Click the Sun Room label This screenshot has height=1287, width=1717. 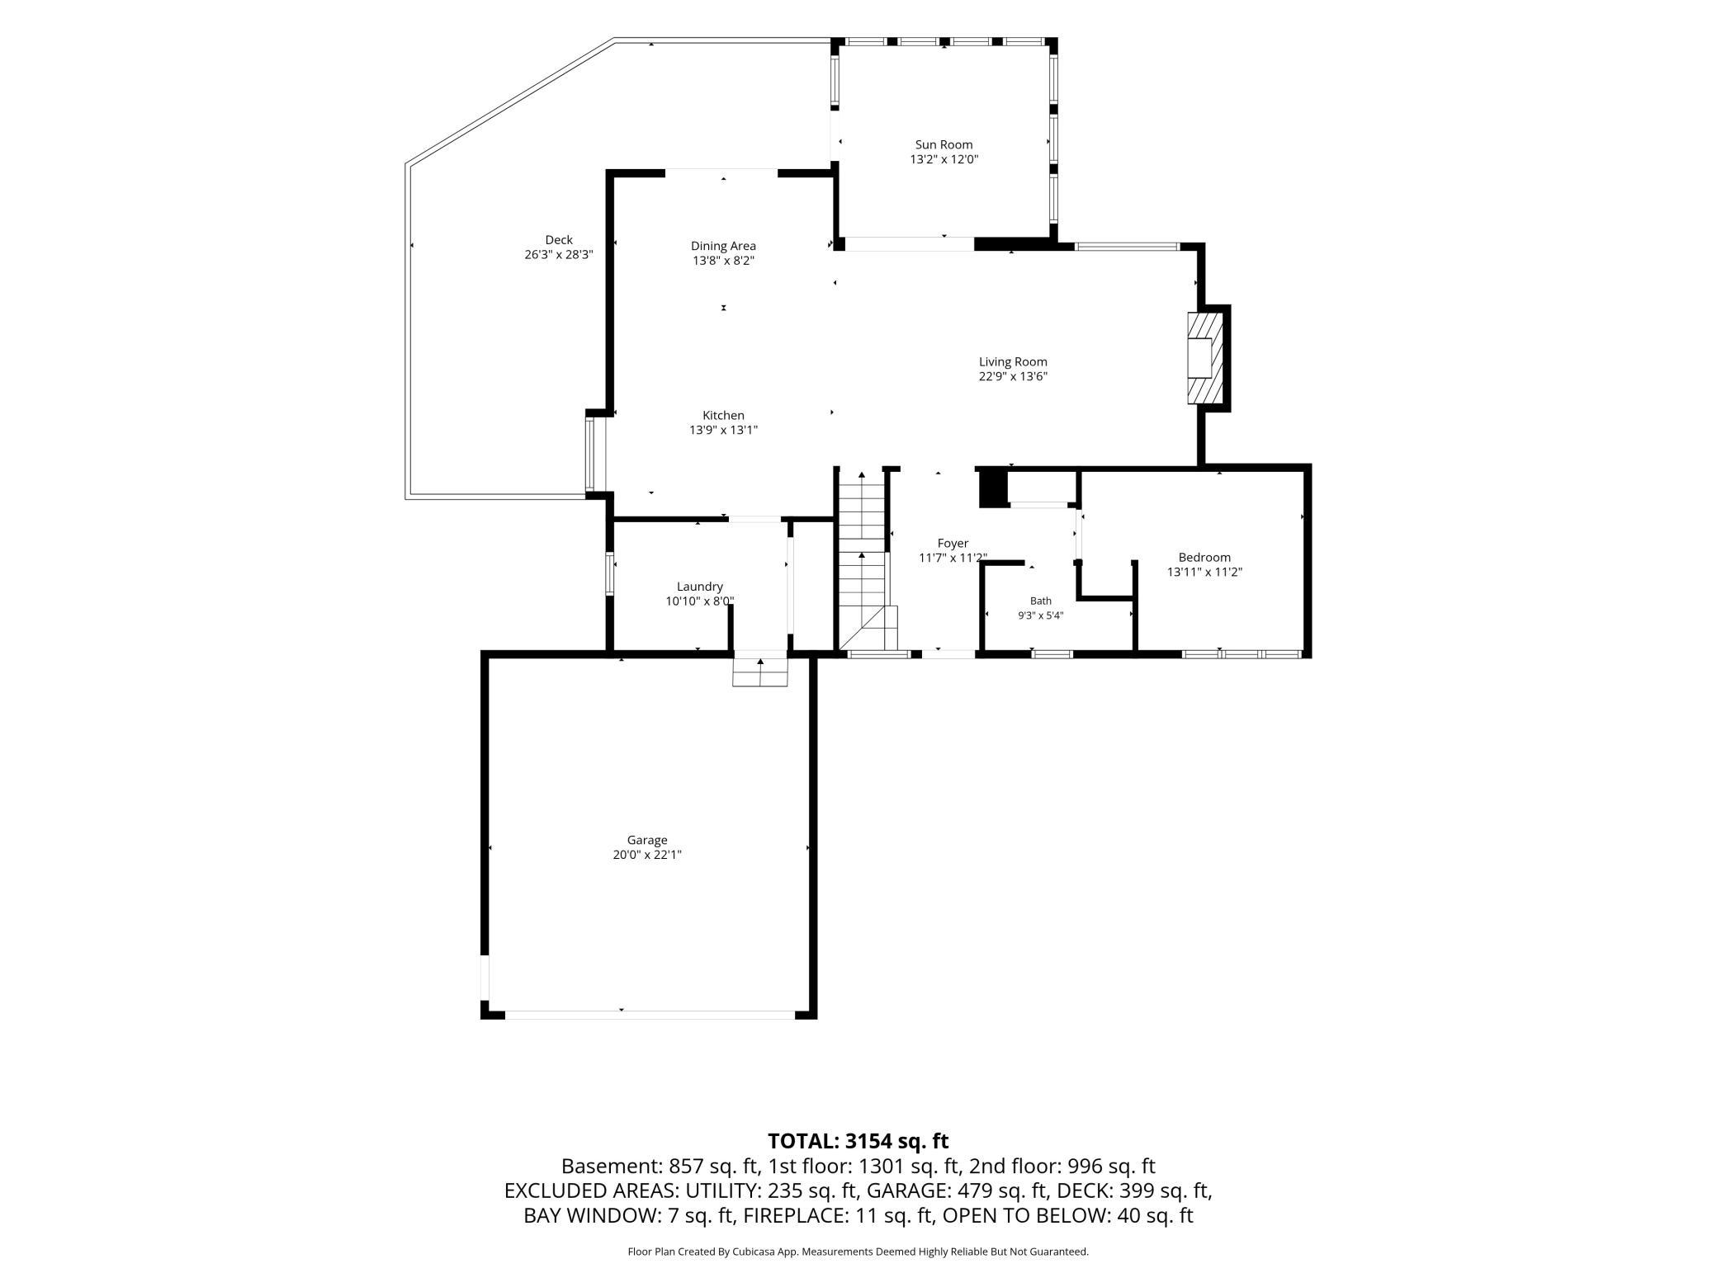(x=944, y=144)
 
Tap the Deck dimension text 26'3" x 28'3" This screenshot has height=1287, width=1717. (x=559, y=255)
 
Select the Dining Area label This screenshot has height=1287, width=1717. (x=723, y=246)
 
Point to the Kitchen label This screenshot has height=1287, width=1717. (x=723, y=416)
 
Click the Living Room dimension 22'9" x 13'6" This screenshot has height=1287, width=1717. (x=1013, y=376)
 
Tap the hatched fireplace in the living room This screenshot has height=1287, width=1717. (x=1204, y=358)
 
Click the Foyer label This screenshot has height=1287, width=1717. (x=953, y=544)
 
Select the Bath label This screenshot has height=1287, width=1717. (x=1041, y=601)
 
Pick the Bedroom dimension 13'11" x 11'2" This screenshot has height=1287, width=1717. (x=1204, y=572)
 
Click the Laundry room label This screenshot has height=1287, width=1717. (x=700, y=587)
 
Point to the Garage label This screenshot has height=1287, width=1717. (x=647, y=840)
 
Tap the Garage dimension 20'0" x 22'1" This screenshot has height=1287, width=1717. (x=647, y=855)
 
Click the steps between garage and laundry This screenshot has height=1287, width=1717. (x=760, y=669)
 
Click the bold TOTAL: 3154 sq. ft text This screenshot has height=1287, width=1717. (x=858, y=1141)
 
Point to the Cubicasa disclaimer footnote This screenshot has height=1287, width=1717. (x=858, y=1252)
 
